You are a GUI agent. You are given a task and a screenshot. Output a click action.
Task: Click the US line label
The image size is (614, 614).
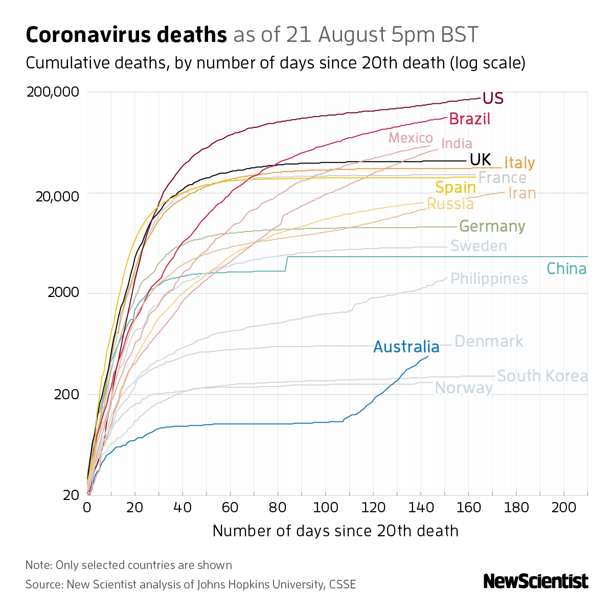[x=493, y=98]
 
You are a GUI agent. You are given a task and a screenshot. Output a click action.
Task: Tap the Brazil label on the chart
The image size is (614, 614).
[x=469, y=119]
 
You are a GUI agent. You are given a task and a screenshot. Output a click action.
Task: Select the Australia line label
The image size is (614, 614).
[x=406, y=347]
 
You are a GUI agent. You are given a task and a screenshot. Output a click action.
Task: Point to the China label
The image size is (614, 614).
[x=566, y=268]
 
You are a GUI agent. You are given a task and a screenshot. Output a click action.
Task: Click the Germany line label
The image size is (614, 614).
[x=492, y=226]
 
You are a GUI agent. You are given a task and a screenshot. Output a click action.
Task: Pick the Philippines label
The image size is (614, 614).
[x=489, y=279]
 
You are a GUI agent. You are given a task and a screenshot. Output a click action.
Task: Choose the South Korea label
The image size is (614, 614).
[x=542, y=376]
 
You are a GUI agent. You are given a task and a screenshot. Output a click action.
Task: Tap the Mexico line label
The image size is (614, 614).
[x=411, y=139]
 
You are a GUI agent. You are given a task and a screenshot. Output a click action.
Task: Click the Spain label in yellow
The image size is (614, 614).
[x=456, y=188]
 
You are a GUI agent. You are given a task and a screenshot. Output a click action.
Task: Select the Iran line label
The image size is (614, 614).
[x=522, y=193]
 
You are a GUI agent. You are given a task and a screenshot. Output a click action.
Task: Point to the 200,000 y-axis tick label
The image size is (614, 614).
[x=53, y=92]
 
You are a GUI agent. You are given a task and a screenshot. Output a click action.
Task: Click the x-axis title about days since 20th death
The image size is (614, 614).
[x=335, y=531]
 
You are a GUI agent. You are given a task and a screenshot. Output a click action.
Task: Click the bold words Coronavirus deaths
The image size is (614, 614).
[x=126, y=35]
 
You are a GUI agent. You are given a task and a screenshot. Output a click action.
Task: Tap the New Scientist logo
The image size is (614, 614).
[x=536, y=581]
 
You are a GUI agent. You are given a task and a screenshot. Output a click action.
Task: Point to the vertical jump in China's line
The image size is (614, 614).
[x=287, y=264]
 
